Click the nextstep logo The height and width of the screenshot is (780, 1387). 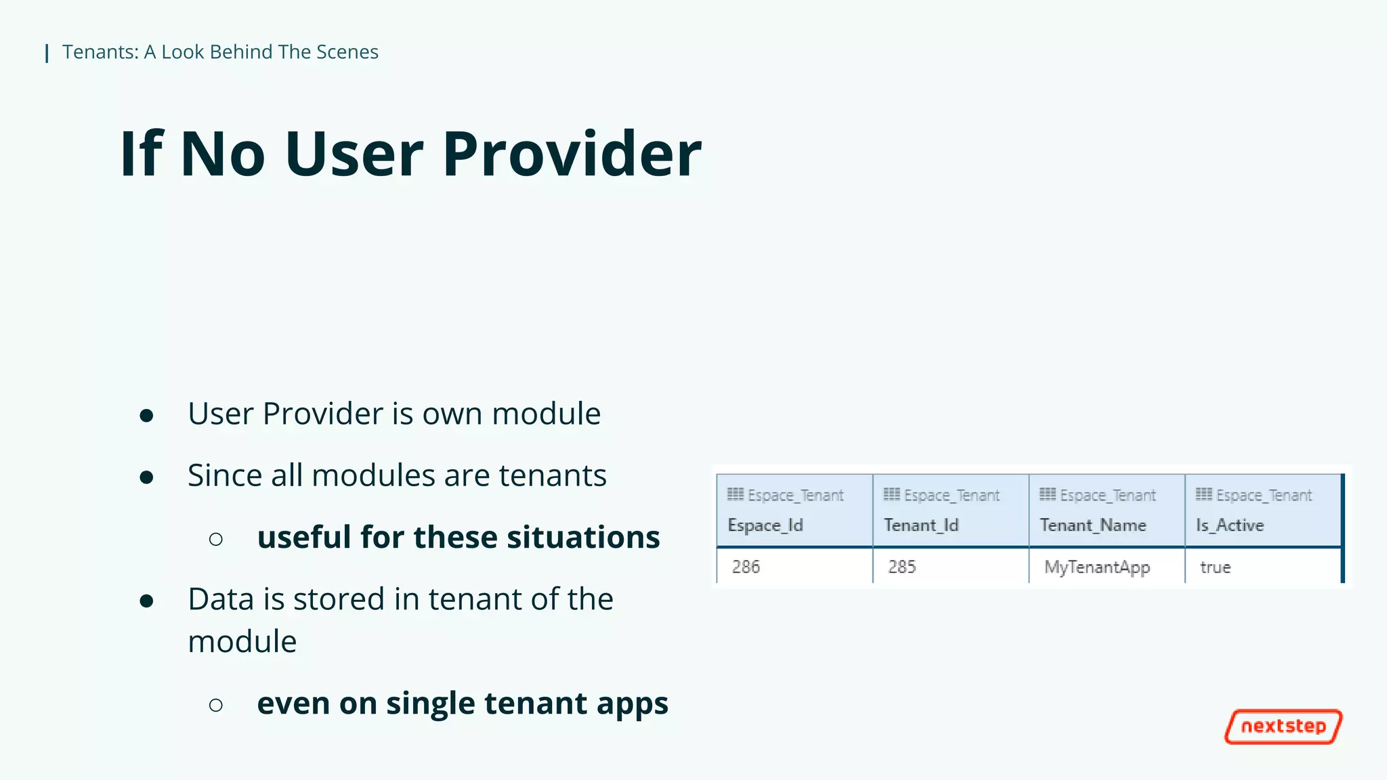[x=1283, y=727]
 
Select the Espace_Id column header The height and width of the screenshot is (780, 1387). [x=765, y=525]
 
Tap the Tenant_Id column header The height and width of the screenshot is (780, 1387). [x=921, y=525]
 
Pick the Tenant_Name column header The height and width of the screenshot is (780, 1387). [x=1092, y=525]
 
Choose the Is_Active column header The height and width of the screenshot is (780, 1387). [x=1230, y=525]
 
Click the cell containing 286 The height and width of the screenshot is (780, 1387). [x=746, y=567]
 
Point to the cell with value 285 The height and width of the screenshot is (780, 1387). [x=902, y=567]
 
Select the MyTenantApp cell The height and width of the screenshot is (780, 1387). [x=1097, y=567]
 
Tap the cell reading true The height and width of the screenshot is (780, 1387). [x=1215, y=567]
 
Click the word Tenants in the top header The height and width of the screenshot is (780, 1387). [x=100, y=52]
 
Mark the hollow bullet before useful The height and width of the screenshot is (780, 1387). [x=216, y=539]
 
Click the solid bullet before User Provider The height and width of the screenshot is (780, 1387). [x=146, y=415]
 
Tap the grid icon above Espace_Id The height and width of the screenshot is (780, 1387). [x=735, y=494]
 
